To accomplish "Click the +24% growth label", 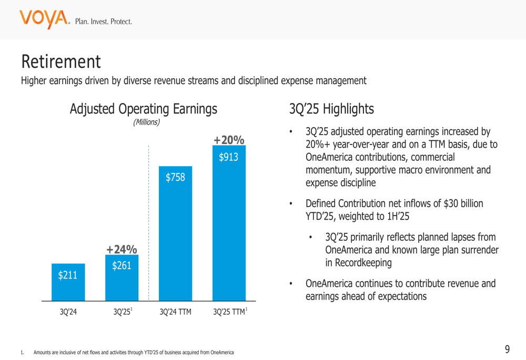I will pyautogui.click(x=122, y=249).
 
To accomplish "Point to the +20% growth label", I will pyautogui.click(x=229, y=140).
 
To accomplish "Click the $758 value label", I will pyautogui.click(x=175, y=178).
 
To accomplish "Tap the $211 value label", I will pyautogui.click(x=68, y=275).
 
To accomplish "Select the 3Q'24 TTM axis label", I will pyautogui.click(x=175, y=312).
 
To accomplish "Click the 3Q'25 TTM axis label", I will pyautogui.click(x=229, y=312).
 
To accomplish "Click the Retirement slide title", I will pyautogui.click(x=60, y=62).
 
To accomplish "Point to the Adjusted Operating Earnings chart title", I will pyautogui.click(x=143, y=109).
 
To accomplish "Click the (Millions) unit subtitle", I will pyautogui.click(x=146, y=122).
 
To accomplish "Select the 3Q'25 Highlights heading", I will pyautogui.click(x=331, y=109).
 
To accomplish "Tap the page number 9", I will pyautogui.click(x=507, y=349).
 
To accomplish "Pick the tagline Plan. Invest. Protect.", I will pyautogui.click(x=104, y=22).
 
